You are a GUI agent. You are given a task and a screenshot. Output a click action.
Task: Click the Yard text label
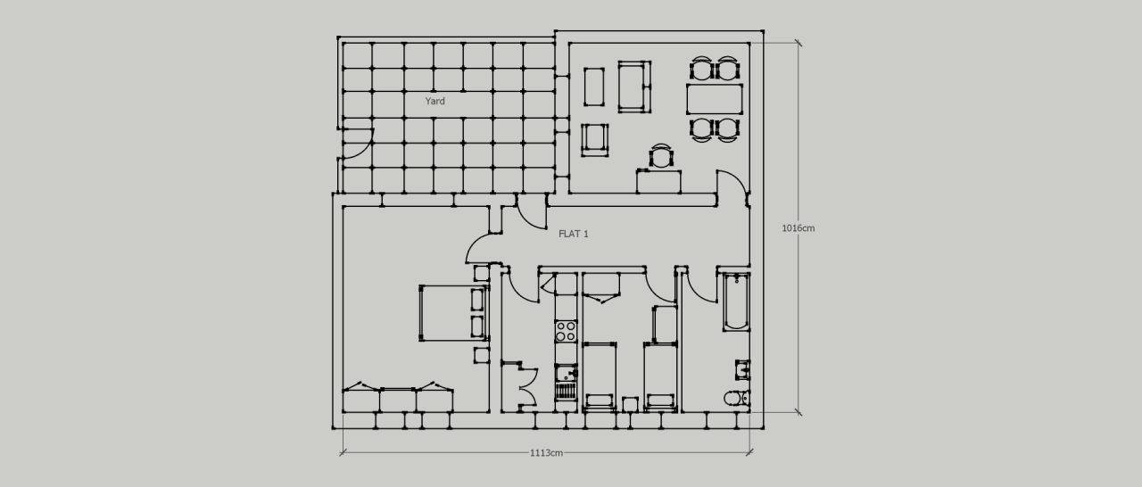click(x=434, y=102)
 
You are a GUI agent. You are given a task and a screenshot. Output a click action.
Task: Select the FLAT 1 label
click(x=573, y=234)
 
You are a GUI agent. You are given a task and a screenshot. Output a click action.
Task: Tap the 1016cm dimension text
click(x=798, y=228)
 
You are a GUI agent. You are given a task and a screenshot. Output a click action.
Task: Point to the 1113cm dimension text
click(x=546, y=452)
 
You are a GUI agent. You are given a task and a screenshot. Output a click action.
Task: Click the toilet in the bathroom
click(x=736, y=398)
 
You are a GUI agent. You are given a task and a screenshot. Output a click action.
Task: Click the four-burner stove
click(x=566, y=332)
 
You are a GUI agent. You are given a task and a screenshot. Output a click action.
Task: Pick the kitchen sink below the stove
click(x=566, y=373)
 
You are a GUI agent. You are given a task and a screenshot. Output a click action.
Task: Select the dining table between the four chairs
click(x=715, y=98)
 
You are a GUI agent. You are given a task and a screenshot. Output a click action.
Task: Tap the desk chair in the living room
click(x=660, y=157)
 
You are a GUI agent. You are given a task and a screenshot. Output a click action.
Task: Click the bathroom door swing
click(x=700, y=286)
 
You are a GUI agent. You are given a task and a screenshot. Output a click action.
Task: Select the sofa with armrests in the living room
click(x=633, y=87)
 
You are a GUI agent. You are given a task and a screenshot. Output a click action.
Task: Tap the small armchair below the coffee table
click(x=594, y=140)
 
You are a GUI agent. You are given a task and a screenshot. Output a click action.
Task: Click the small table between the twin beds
click(x=630, y=403)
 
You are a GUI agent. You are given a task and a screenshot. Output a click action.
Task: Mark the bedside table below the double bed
click(x=481, y=355)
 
